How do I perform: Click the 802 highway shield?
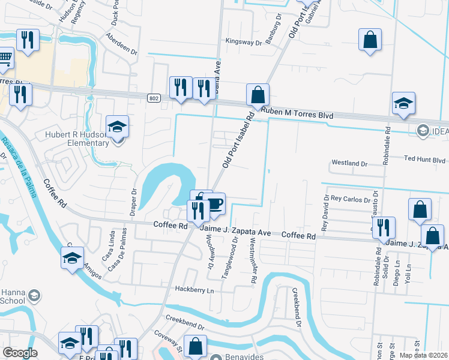tap(154, 97)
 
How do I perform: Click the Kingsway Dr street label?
tap(244, 42)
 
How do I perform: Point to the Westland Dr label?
tap(349, 163)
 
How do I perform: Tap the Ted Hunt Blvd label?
tap(424, 160)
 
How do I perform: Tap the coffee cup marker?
tap(214, 203)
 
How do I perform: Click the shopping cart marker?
tap(5, 58)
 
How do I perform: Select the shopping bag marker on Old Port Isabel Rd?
tap(258, 95)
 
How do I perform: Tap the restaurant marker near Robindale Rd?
tap(383, 228)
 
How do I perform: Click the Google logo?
tap(20, 353)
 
